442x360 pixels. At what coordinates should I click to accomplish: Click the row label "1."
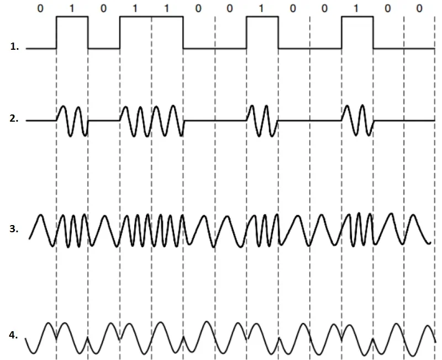click(14, 46)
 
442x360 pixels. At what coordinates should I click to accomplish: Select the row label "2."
click(14, 118)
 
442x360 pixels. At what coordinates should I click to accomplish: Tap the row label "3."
click(14, 228)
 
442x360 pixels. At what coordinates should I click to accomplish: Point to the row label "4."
click(13, 335)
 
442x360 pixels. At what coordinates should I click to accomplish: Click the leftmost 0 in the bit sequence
click(40, 8)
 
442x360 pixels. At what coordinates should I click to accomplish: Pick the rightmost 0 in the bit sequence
click(419, 8)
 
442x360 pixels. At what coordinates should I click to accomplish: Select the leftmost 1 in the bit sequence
click(72, 8)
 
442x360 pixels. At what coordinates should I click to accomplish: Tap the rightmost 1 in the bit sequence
click(356, 8)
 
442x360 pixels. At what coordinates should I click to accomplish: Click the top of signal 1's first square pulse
click(72, 17)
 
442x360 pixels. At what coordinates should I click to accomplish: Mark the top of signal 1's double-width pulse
click(151, 17)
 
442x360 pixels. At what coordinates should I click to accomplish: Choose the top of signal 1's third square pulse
click(262, 17)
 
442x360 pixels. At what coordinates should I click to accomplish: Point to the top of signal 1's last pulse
click(357, 17)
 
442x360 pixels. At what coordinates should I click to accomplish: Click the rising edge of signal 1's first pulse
click(56, 33)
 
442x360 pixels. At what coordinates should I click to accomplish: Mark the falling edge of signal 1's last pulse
click(373, 33)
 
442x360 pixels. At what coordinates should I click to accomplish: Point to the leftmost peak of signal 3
click(41, 215)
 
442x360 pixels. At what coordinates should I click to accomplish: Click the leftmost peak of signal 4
click(49, 323)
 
